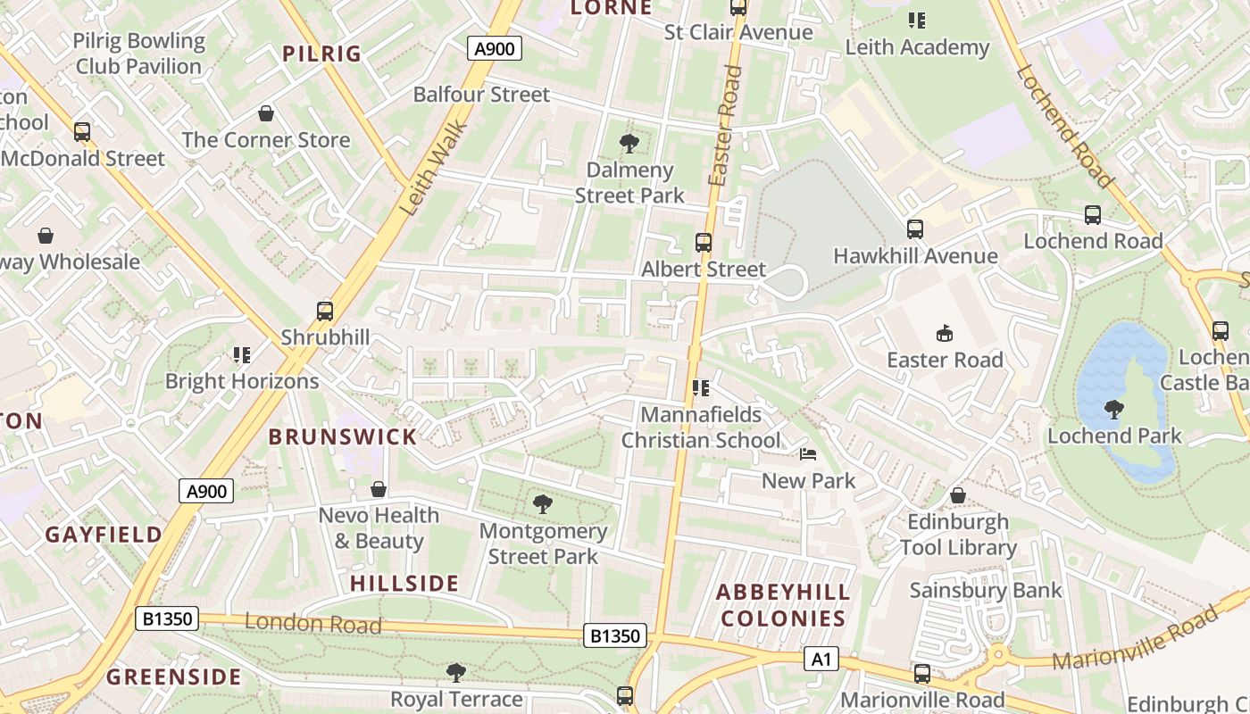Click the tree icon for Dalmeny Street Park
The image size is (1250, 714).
click(x=629, y=143)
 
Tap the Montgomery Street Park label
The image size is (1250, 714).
click(x=543, y=544)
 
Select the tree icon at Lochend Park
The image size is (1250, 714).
click(x=1113, y=410)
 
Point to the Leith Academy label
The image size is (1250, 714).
click(x=917, y=47)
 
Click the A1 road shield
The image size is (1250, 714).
click(x=821, y=660)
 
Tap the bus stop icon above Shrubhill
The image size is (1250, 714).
click(x=325, y=311)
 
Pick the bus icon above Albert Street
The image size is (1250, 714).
click(x=704, y=243)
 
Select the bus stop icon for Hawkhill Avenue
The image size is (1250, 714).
click(x=915, y=229)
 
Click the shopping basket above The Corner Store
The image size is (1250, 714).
click(x=265, y=113)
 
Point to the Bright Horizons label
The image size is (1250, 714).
click(x=242, y=381)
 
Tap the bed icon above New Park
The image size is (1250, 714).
click(x=808, y=454)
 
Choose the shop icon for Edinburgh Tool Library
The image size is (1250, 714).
click(x=958, y=494)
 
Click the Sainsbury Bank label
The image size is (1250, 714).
click(x=986, y=590)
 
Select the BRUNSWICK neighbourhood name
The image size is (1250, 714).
click(x=343, y=436)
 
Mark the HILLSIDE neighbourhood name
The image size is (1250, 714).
click(x=404, y=584)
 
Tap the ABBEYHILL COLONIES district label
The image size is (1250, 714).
click(x=783, y=605)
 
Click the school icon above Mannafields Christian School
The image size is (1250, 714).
click(x=701, y=388)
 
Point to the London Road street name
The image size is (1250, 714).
click(x=312, y=623)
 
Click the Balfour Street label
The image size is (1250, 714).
click(x=481, y=94)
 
